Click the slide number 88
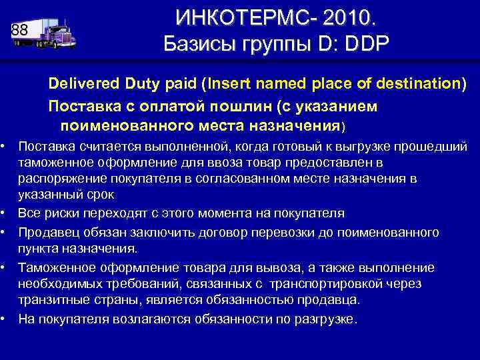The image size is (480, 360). coord(19,30)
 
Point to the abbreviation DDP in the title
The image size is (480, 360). coord(363,45)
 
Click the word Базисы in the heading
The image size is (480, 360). coord(201,45)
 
